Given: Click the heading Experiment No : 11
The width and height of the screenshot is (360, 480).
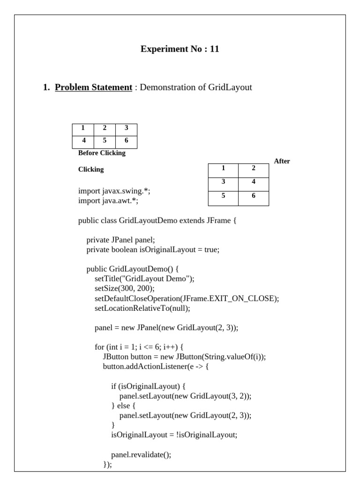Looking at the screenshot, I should click(x=180, y=49).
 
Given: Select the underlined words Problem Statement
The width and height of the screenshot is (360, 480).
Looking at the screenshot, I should click(x=93, y=87).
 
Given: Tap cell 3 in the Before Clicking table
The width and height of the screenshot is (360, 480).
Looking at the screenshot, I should click(x=126, y=128).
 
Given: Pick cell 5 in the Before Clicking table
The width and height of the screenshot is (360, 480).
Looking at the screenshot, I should click(x=105, y=140).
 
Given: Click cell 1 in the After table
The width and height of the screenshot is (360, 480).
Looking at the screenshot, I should click(x=223, y=168).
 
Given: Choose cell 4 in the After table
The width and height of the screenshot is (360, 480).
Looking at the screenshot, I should click(x=253, y=182).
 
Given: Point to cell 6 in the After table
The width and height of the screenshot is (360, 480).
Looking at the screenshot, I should click(x=253, y=196).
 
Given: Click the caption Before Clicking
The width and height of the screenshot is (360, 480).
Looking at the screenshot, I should click(x=102, y=153).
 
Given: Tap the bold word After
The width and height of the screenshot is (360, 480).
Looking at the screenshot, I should click(x=282, y=161).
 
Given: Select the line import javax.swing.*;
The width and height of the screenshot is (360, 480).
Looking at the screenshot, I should click(x=114, y=191).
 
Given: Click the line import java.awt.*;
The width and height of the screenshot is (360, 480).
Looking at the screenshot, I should click(x=108, y=201).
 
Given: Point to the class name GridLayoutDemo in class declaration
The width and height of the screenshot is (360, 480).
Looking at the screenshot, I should click(x=148, y=220).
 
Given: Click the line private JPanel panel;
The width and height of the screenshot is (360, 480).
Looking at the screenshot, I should click(x=120, y=240).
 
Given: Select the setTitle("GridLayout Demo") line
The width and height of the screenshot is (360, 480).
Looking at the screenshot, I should click(x=144, y=278).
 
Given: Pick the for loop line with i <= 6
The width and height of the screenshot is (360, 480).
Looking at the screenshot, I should click(x=139, y=347).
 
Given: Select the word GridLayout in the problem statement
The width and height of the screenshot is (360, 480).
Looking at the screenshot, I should click(x=230, y=87).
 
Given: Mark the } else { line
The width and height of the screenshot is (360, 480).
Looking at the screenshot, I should click(x=123, y=406).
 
